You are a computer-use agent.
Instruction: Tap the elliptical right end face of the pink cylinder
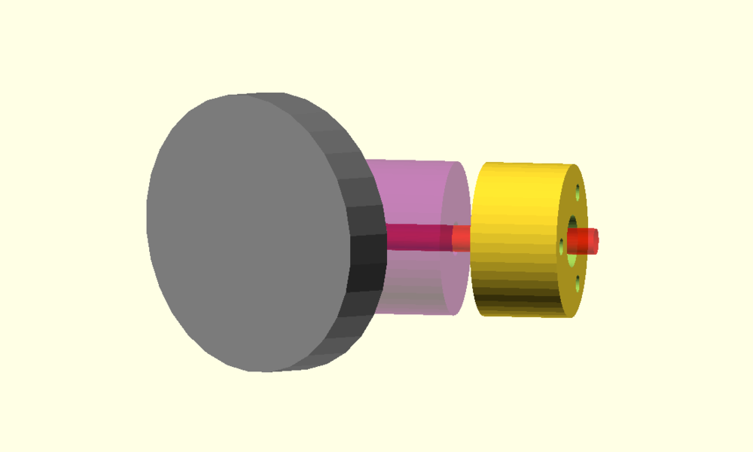(456, 203)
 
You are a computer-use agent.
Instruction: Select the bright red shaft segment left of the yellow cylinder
(462, 239)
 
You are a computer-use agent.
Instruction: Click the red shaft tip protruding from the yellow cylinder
(583, 241)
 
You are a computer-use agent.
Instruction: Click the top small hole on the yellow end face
(578, 191)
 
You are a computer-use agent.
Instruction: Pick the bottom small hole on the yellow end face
(578, 285)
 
